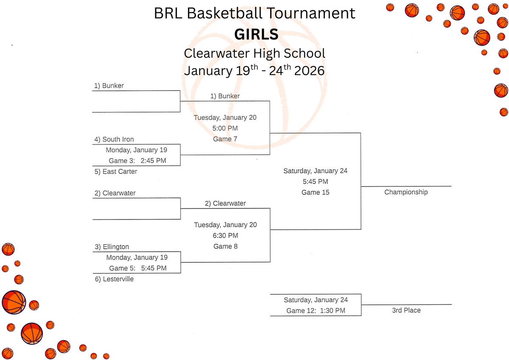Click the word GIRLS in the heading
256,34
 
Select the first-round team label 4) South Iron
114,139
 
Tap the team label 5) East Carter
116,172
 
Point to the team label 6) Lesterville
114,279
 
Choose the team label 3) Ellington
112,247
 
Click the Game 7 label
222,139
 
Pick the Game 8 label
223,246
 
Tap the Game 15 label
315,192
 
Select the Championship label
406,192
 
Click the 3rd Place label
406,310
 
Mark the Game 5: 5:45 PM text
138,268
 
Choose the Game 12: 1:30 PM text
316,310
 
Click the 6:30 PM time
225,235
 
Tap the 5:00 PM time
225,128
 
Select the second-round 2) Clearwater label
225,203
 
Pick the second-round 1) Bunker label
225,96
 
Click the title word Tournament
310,13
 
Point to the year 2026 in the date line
309,70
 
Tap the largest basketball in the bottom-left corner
14,302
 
